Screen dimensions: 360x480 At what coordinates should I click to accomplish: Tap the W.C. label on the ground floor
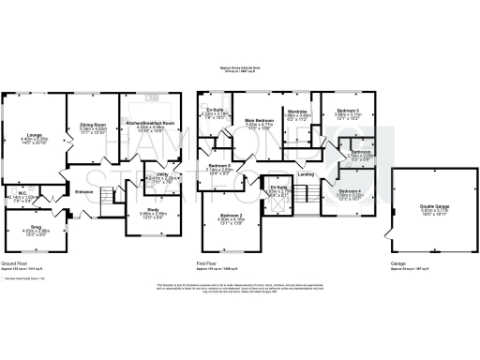pyautogui.click(x=21, y=194)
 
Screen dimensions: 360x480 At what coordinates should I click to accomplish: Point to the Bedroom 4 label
pyautogui.click(x=348, y=191)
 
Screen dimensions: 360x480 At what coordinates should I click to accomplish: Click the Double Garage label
pyautogui.click(x=434, y=207)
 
